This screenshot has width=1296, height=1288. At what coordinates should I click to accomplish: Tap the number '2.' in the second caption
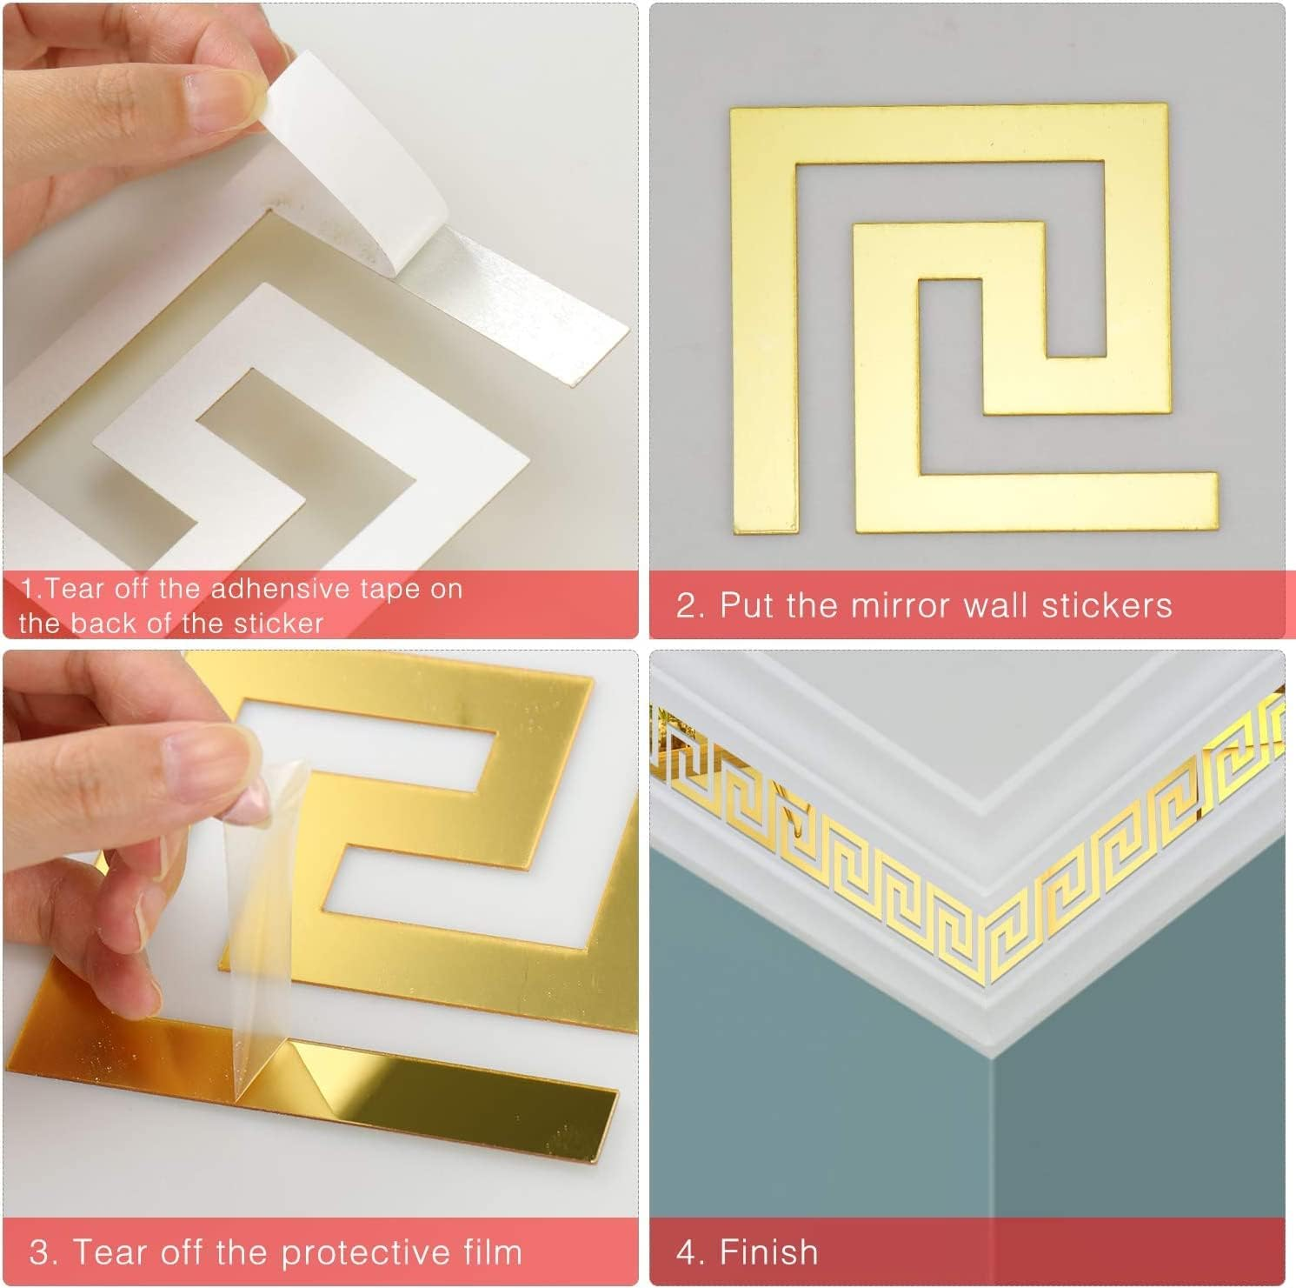[689, 605]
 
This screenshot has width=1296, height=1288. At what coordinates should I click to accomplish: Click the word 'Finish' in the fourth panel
[768, 1252]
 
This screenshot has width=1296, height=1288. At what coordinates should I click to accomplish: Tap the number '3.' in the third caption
[43, 1252]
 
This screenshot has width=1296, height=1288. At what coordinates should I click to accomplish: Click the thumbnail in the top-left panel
[222, 87]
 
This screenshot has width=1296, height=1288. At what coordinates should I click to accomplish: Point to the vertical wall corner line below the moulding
[993, 1148]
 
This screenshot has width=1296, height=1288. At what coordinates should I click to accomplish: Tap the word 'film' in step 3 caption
[492, 1252]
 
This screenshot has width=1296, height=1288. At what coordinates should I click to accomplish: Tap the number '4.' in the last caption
[689, 1252]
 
